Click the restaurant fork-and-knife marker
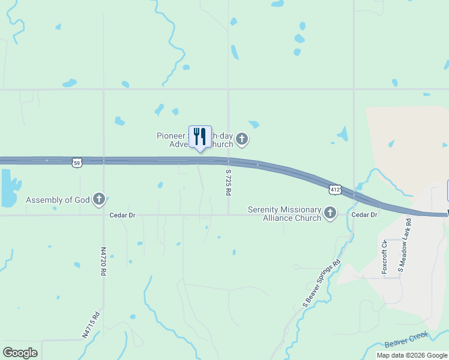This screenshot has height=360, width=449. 200,137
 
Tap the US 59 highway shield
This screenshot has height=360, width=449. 75,163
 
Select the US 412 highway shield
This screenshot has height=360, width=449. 335,189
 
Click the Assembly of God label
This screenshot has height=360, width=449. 57,199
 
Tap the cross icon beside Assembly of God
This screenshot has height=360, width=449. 99,199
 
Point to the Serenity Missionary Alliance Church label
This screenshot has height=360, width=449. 285,214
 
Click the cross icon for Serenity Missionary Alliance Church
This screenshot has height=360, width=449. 330,212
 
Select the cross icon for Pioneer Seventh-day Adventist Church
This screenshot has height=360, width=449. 241,140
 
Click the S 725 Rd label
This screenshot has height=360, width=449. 228,182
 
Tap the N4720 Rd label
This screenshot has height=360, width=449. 103,261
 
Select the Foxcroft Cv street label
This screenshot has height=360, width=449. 384,257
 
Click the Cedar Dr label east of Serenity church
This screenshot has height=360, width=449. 364,214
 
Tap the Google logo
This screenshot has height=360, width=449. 20,353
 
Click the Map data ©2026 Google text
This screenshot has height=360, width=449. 411,355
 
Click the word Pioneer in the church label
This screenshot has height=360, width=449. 172,136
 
